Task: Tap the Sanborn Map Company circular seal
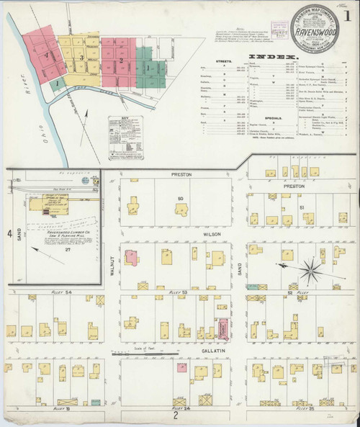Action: (315, 30)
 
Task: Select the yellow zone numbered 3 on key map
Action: (82, 58)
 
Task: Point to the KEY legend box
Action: (125, 138)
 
